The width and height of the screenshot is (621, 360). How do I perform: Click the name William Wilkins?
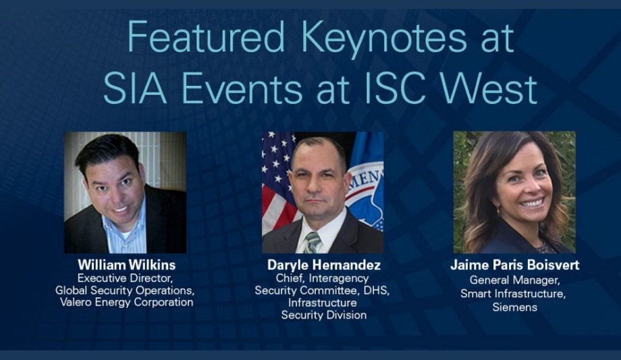(125, 264)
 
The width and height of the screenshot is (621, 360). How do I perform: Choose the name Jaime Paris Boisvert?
(514, 265)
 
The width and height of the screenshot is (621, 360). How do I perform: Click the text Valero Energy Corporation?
(125, 302)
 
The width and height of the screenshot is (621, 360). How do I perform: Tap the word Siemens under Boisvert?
(514, 307)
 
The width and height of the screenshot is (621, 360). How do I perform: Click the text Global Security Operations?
(125, 290)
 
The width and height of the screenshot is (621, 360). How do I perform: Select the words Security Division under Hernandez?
(323, 315)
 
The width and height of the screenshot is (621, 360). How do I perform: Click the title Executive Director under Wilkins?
(125, 278)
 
